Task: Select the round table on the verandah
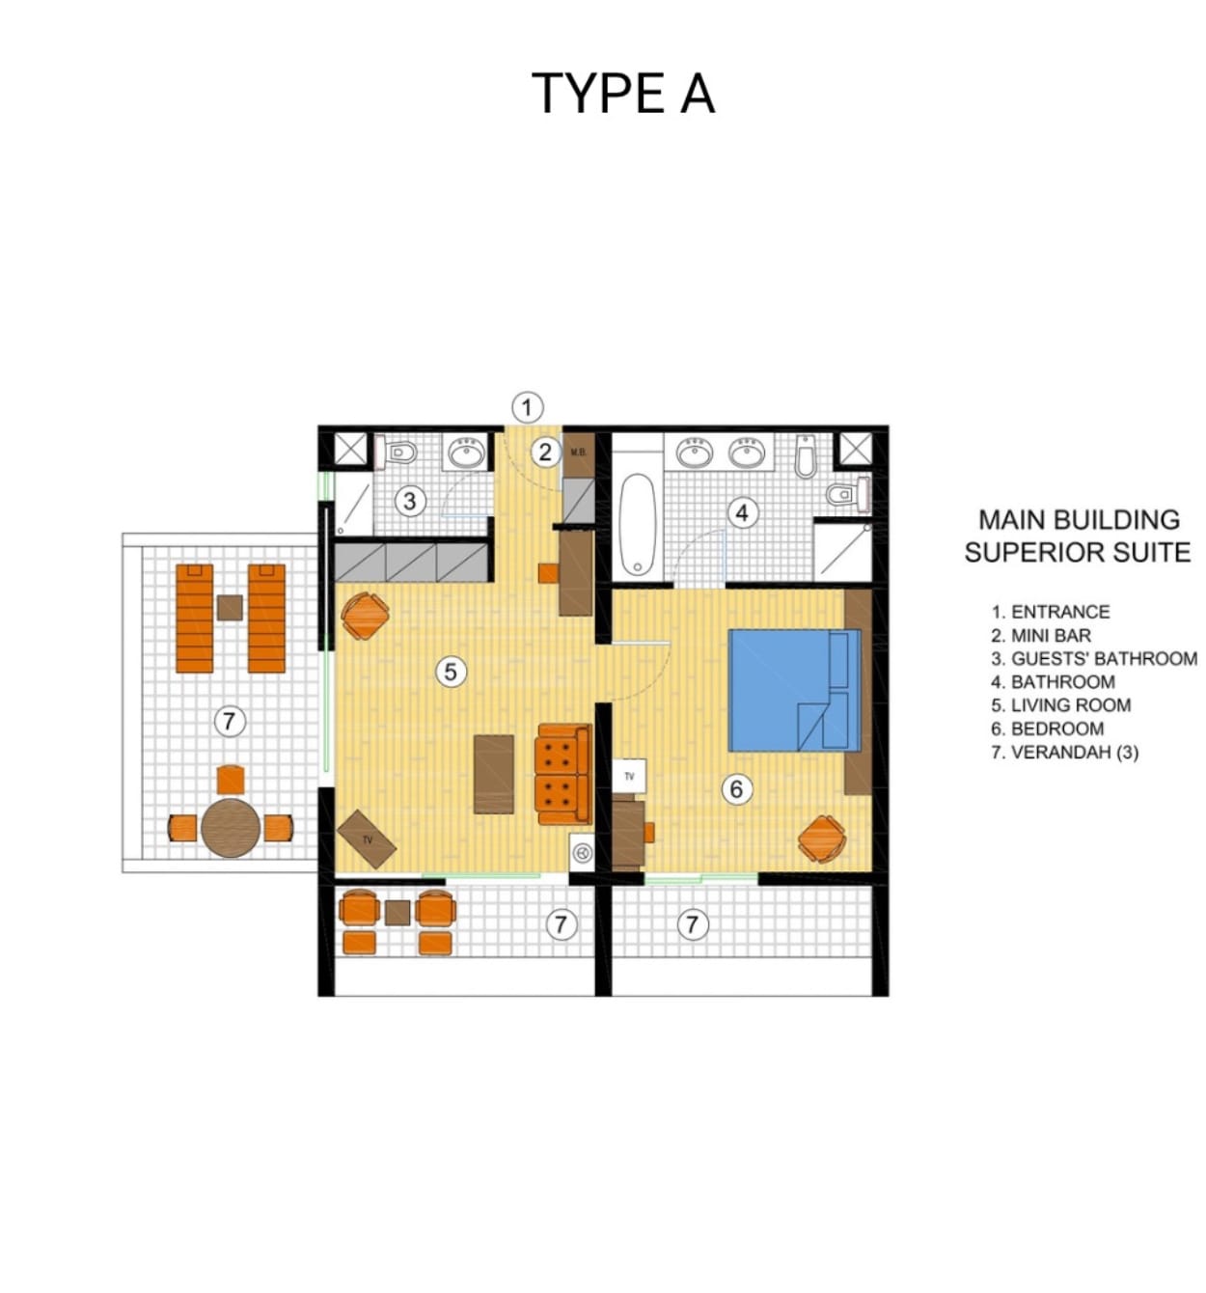pyautogui.click(x=231, y=828)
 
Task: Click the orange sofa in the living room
pyautogui.click(x=563, y=774)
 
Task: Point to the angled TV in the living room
pyautogui.click(x=367, y=839)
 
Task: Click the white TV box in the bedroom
pyautogui.click(x=629, y=776)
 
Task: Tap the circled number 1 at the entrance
pyautogui.click(x=527, y=408)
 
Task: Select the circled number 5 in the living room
pyautogui.click(x=451, y=672)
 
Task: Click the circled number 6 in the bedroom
pyautogui.click(x=736, y=789)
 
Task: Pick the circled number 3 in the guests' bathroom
pyautogui.click(x=410, y=502)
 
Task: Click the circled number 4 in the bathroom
pyautogui.click(x=742, y=513)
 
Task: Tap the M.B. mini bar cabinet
pyautogui.click(x=578, y=454)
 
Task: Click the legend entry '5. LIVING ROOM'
pyautogui.click(x=1060, y=705)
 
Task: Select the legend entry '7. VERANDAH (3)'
pyautogui.click(x=1065, y=752)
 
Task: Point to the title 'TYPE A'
pyautogui.click(x=623, y=93)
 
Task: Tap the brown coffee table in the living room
pyautogui.click(x=494, y=774)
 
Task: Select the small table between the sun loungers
pyautogui.click(x=230, y=608)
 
